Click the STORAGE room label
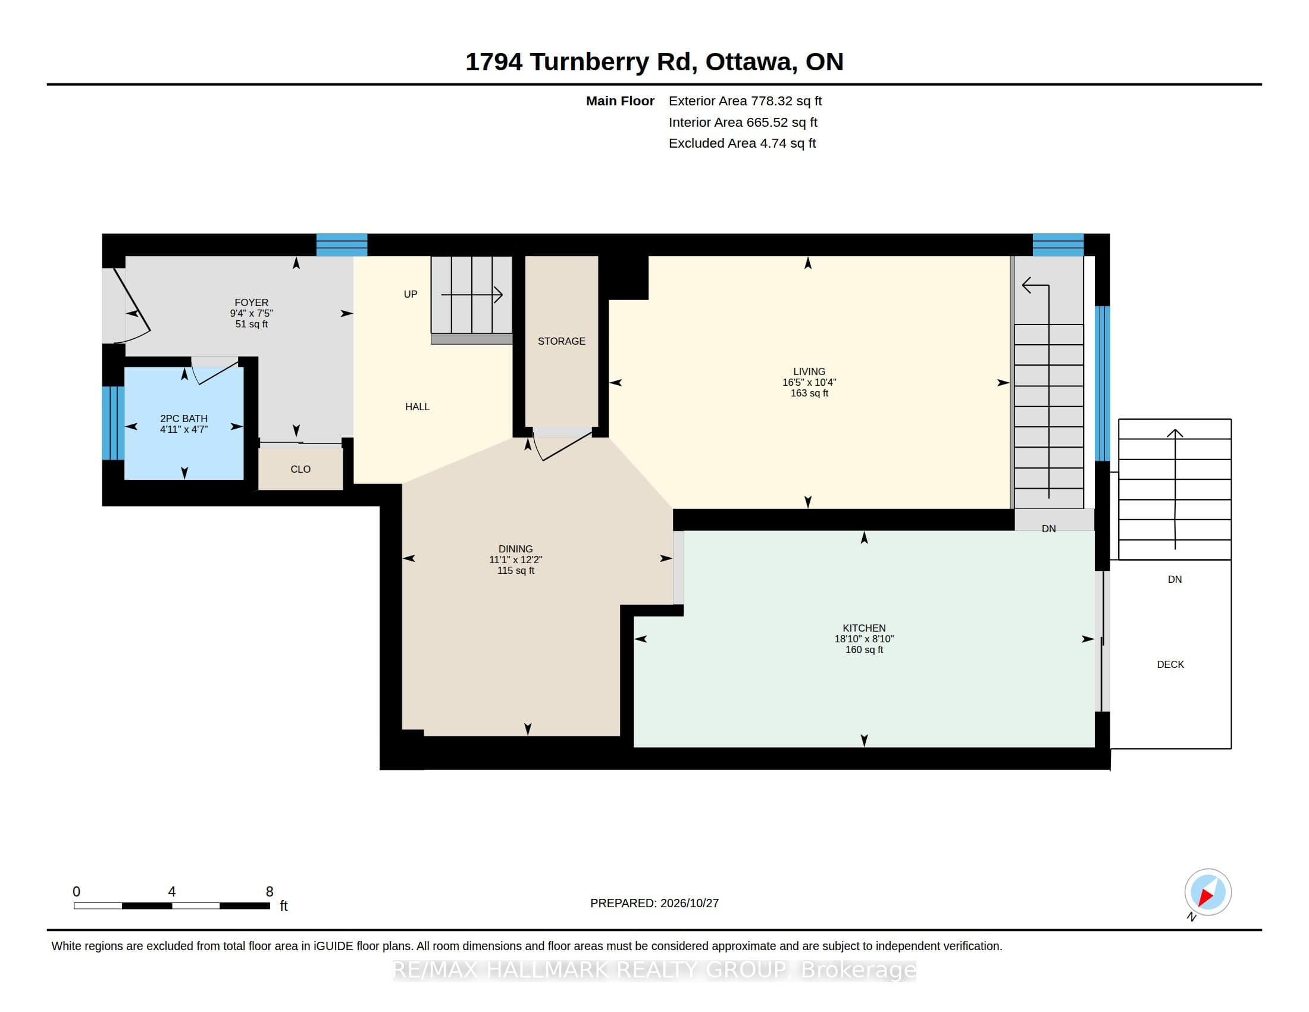561,341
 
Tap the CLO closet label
300,470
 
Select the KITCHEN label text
864,628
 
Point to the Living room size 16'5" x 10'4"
809,383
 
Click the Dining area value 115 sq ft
515,571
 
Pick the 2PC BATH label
183,418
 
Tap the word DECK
1170,664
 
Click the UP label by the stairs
411,293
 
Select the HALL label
417,407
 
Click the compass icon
1208,892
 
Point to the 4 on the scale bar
172,892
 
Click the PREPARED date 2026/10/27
689,903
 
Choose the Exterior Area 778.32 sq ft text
745,101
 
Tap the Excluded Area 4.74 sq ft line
742,143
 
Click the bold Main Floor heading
620,101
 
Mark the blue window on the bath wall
112,423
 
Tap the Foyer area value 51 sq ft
252,324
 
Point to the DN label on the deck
1174,579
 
